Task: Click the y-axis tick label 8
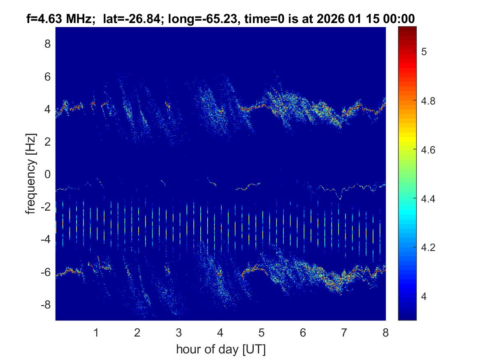pos(47,44)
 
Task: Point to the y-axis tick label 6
pos(47,77)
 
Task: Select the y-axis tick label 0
pos(47,174)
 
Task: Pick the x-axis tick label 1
pos(96,333)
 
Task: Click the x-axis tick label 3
pos(179,333)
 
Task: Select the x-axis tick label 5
pos(262,333)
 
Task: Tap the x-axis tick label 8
pos(385,333)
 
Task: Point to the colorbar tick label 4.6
pos(430,150)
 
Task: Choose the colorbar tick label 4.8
pos(430,101)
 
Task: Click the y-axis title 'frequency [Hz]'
pos(31,173)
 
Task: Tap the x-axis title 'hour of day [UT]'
pos(220,349)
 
